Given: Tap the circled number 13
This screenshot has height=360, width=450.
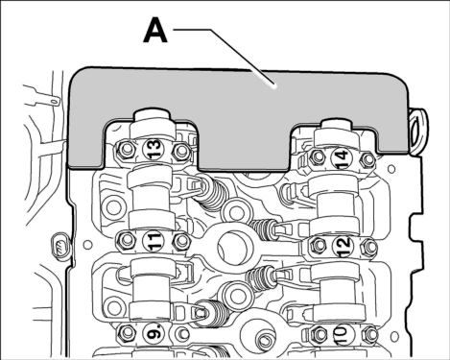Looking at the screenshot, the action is click(154, 149).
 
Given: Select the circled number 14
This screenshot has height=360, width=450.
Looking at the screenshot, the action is click(342, 157).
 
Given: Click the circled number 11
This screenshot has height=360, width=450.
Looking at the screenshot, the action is click(153, 241).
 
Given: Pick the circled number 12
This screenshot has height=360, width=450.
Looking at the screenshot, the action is click(343, 247).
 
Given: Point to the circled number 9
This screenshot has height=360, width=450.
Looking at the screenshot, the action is click(155, 333).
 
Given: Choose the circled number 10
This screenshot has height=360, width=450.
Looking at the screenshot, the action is click(341, 335).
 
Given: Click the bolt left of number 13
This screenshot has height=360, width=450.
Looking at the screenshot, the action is click(126, 150).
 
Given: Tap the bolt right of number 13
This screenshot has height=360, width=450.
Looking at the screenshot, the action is click(180, 151).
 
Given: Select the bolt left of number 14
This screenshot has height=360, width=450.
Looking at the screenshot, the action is click(318, 156).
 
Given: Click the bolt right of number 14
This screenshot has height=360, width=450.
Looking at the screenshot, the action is click(367, 159).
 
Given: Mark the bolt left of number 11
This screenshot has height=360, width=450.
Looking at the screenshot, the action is click(126, 240).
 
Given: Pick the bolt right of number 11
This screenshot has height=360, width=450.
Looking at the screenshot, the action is click(180, 241).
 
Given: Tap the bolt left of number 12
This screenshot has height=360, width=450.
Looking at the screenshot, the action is click(319, 246).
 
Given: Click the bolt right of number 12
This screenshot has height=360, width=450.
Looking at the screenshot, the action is click(369, 247).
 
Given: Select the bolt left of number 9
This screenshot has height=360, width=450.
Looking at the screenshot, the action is click(128, 333).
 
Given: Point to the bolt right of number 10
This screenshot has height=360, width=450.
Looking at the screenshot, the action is click(370, 335).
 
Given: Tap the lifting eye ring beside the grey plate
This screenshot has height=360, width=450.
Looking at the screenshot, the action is click(418, 132).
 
